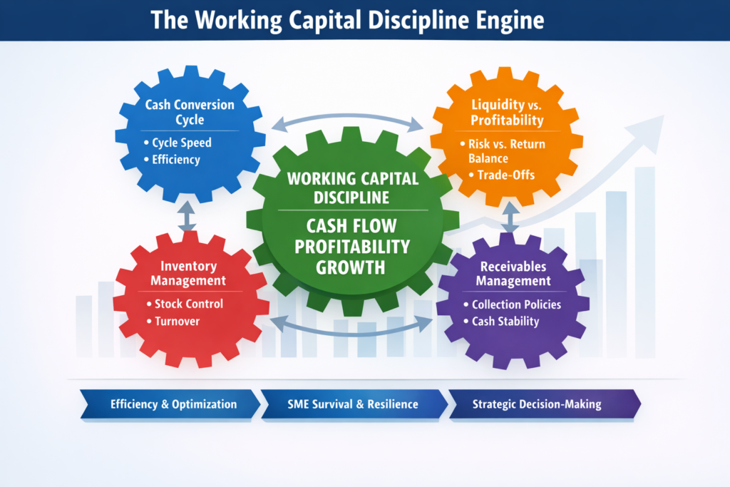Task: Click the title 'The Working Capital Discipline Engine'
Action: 348,20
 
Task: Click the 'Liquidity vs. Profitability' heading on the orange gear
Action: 508,112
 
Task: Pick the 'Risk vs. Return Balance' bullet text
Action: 506,151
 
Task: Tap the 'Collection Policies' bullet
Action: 516,304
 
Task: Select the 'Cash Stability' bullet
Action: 505,322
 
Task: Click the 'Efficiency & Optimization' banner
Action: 173,404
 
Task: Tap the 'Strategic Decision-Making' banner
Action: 536,404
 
